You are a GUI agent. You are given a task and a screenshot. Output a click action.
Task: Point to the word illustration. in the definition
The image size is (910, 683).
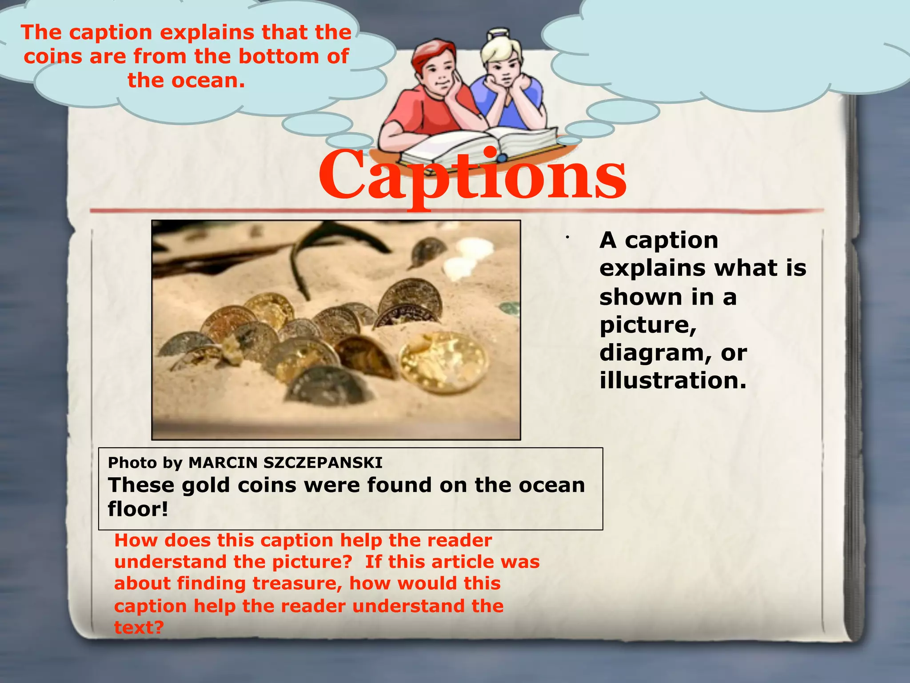click(x=673, y=381)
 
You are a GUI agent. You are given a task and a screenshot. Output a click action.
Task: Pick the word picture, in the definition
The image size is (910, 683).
click(x=648, y=325)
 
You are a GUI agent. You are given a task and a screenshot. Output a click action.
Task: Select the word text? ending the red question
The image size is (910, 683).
click(x=139, y=627)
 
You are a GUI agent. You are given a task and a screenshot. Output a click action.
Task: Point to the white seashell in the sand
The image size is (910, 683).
click(x=467, y=258)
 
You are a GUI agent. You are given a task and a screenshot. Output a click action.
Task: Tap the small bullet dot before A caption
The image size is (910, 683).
click(x=567, y=237)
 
